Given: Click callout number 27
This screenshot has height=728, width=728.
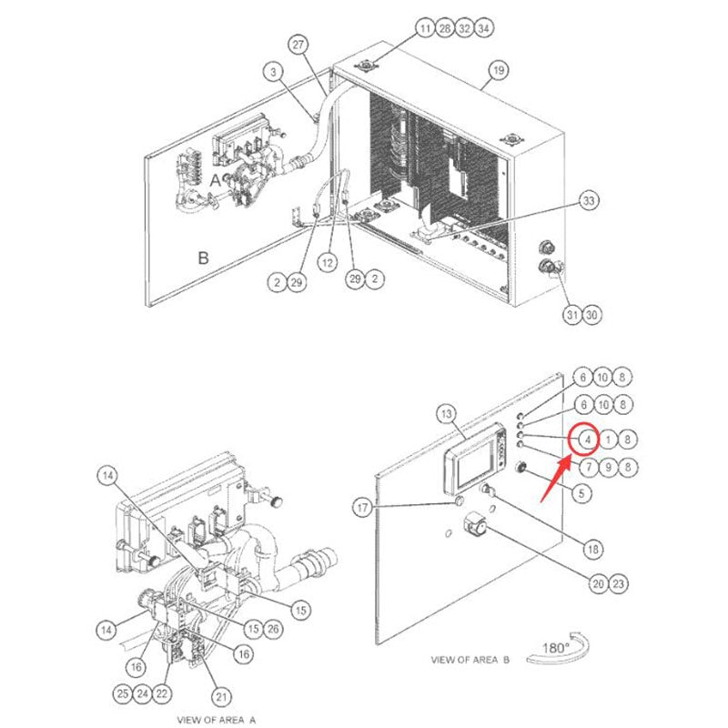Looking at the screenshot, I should [298, 44].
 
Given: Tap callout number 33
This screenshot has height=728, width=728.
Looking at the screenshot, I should [589, 200].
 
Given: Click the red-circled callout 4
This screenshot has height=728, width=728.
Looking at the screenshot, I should [587, 440].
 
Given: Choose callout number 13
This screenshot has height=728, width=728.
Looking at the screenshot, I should [447, 415].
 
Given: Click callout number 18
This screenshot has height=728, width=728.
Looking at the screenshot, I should [593, 549].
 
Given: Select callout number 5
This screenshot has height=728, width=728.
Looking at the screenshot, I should [580, 494].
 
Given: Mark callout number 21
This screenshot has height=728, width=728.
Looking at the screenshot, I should [220, 697].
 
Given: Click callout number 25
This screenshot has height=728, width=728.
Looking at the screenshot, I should [122, 693].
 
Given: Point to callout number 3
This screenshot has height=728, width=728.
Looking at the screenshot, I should [275, 70].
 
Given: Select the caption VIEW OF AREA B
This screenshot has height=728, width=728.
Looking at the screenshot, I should [470, 659].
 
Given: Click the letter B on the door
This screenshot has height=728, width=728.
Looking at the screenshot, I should [203, 258].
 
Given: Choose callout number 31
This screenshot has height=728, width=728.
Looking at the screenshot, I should [571, 315].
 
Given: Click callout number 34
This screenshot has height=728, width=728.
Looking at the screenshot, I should [484, 29].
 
